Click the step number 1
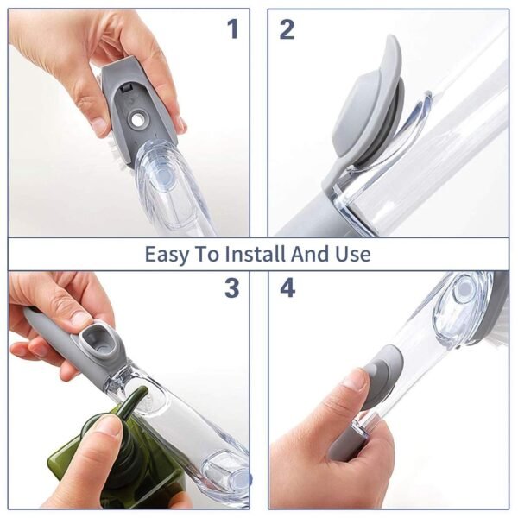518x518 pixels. pos(231,29)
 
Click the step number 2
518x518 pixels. pos(287,29)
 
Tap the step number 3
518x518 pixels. pos(231,288)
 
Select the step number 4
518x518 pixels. pos(287,288)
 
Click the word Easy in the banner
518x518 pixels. pos(166,255)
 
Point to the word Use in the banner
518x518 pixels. pos(352,255)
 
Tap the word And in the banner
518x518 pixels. pos(312,255)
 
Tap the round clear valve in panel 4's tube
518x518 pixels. pos(464,289)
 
